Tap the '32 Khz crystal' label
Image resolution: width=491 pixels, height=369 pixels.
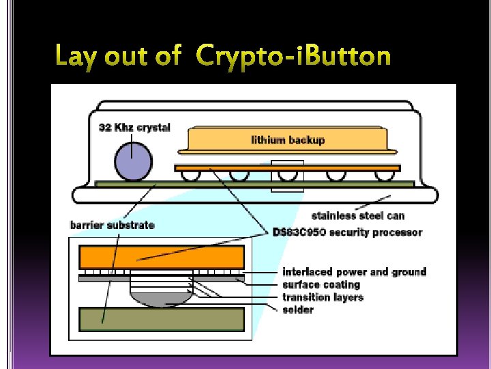pyautogui.click(x=135, y=126)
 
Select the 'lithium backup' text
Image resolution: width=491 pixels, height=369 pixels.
pyautogui.click(x=288, y=140)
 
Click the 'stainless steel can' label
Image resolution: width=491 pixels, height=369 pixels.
pyautogui.click(x=357, y=216)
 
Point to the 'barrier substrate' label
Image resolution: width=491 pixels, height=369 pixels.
pyautogui.click(x=113, y=225)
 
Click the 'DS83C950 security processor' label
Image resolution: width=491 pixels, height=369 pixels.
pyautogui.click(x=347, y=232)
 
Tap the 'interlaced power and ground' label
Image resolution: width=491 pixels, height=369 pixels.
pyautogui.click(x=354, y=272)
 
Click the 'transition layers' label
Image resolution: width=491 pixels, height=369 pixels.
pyautogui.click(x=323, y=297)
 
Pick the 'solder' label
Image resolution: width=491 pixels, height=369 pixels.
pyautogui.click(x=298, y=310)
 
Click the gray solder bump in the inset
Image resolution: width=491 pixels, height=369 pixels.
pyautogui.click(x=161, y=297)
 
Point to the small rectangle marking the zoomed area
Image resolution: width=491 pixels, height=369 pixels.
pyautogui.click(x=287, y=176)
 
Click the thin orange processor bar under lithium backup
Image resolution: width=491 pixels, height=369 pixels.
pyautogui.click(x=286, y=167)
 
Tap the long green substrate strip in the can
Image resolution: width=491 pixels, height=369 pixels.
pyautogui.click(x=254, y=184)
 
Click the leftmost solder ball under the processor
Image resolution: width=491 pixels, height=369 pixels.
pyautogui.click(x=189, y=176)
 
